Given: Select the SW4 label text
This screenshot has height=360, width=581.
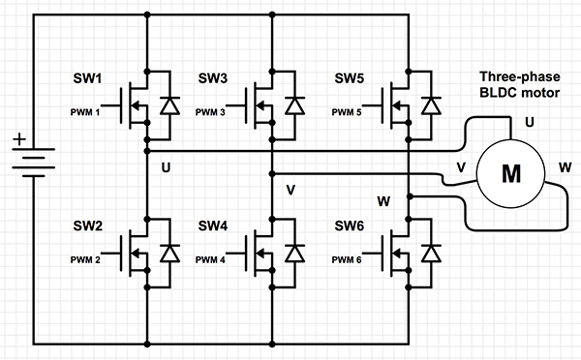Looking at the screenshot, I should (x=214, y=225).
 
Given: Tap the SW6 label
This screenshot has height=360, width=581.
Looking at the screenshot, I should (x=351, y=225).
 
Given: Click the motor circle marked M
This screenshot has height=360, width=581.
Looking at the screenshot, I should (x=509, y=174).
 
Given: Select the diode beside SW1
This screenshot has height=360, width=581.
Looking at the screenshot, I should (x=171, y=105).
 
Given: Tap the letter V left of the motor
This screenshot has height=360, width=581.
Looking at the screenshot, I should (x=461, y=167).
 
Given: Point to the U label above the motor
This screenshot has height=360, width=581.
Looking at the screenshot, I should (x=529, y=123).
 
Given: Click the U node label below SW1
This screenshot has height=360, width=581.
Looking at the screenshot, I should (x=166, y=167).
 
